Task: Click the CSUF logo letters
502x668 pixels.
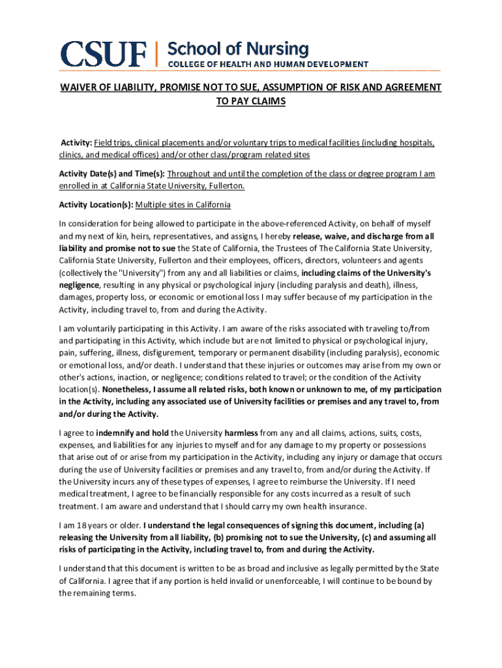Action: click(x=104, y=54)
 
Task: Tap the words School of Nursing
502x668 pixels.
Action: click(x=239, y=48)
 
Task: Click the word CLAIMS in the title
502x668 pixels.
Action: click(x=269, y=102)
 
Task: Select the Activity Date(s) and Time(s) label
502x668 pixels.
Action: click(x=112, y=174)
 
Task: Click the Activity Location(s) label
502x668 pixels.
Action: click(x=96, y=205)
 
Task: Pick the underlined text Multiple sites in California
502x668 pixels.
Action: click(x=183, y=205)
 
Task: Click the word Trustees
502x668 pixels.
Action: click(x=290, y=248)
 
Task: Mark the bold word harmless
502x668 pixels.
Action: click(x=241, y=433)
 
